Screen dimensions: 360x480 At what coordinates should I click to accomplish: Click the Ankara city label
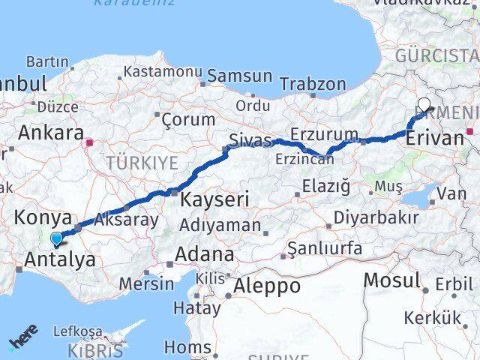50,133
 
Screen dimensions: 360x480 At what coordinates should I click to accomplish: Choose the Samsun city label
240,76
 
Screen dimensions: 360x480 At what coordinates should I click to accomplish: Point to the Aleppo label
267,286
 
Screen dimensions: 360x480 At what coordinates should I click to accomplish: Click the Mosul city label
391,280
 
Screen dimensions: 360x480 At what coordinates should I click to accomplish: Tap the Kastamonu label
163,72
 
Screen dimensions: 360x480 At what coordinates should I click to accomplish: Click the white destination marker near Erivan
424,106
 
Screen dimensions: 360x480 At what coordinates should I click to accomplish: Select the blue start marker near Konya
57,238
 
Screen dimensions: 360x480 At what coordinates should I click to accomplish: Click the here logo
24,337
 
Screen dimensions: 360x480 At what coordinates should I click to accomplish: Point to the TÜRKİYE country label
142,163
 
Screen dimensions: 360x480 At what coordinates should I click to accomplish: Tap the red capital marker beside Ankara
90,142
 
